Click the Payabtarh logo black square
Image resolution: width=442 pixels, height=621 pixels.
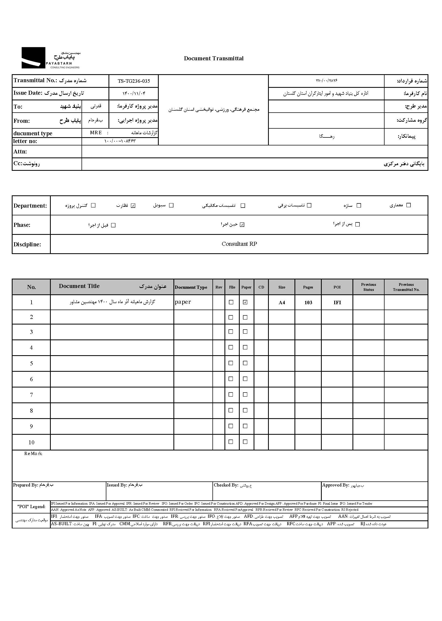coord(33,58)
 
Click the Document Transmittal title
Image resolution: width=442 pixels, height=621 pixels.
coord(214,58)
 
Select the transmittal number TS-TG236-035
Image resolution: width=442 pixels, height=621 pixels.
coord(134,81)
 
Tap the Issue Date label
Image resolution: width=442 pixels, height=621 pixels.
coord(28,93)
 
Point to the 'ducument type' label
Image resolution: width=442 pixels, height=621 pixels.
coord(33,133)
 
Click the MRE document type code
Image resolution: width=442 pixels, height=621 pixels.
coord(96,133)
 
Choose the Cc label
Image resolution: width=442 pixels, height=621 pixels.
coord(18,163)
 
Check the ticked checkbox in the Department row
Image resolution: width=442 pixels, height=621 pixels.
coord(133,205)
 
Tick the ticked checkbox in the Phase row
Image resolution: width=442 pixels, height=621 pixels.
coord(242,225)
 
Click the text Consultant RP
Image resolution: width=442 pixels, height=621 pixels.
coord(239,244)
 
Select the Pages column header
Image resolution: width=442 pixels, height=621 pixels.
coord(308,287)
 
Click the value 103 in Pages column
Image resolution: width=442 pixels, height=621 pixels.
coord(308,302)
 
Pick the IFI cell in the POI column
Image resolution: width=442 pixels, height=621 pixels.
coord(337,302)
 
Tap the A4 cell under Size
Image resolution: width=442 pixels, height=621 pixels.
coord(282,302)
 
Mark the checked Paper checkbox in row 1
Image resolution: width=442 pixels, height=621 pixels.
coord(245,302)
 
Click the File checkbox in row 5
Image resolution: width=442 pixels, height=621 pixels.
coord(231,363)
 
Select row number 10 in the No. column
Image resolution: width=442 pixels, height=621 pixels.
coord(31,442)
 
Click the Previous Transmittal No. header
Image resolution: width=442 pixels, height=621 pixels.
coord(406,287)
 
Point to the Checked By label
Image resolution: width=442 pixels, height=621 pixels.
coord(226,485)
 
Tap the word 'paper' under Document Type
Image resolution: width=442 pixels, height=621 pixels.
coord(183,302)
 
